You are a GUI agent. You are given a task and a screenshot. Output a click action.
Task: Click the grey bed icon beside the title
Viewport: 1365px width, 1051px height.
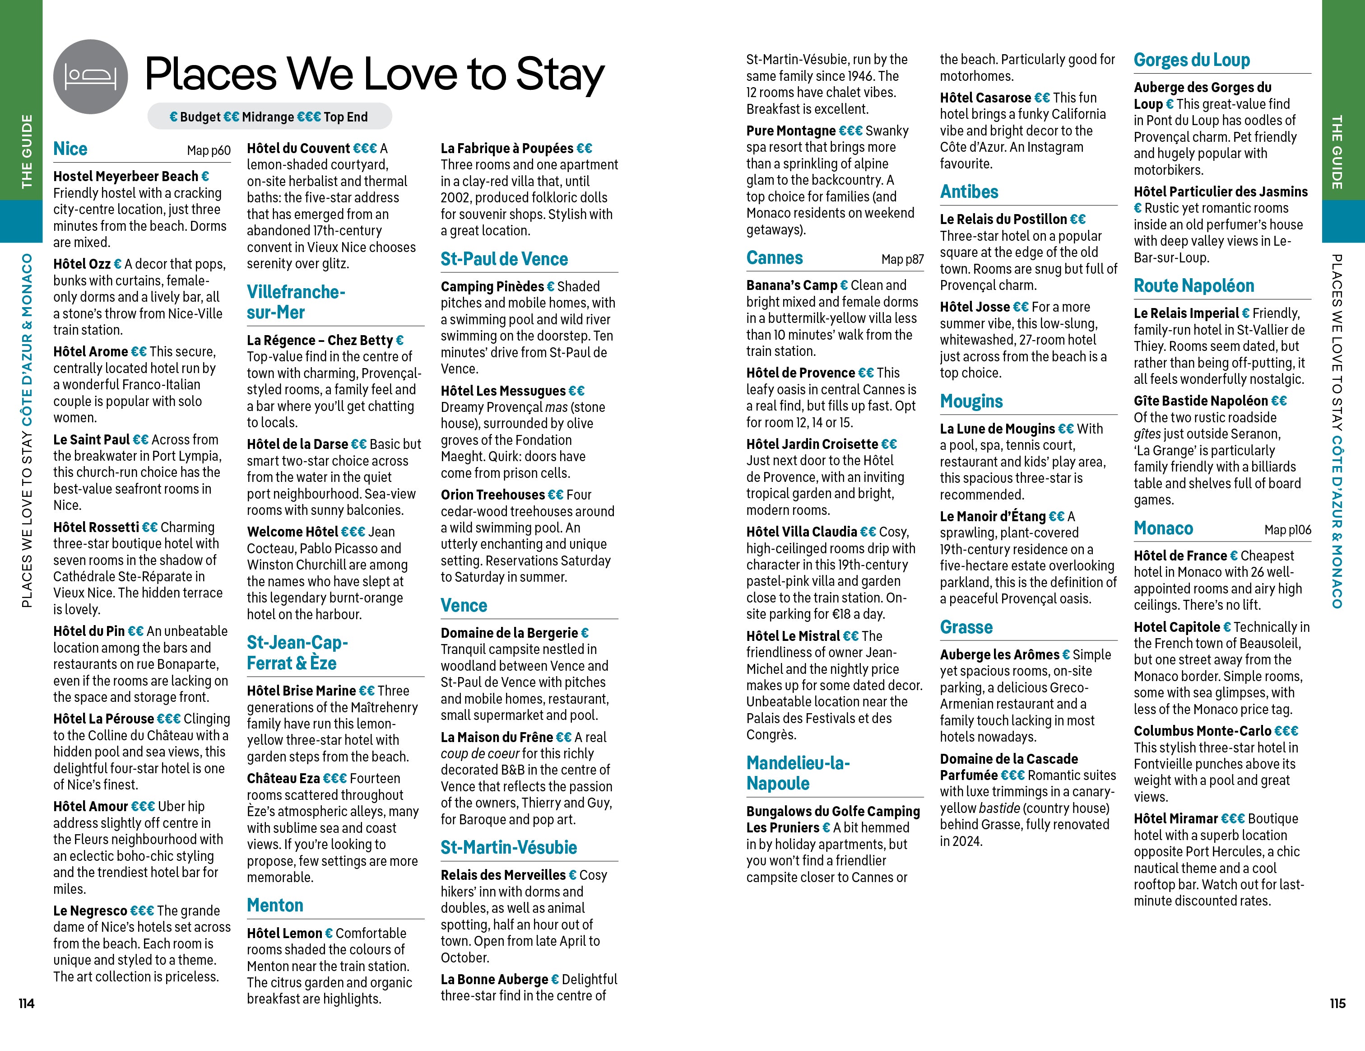(x=91, y=77)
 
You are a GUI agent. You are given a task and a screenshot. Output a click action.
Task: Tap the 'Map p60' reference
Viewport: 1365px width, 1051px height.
(x=209, y=151)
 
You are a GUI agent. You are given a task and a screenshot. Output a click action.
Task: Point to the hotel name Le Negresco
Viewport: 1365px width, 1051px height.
(x=90, y=911)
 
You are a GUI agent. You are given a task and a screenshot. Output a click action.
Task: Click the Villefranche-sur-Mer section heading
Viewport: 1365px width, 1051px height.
(x=296, y=302)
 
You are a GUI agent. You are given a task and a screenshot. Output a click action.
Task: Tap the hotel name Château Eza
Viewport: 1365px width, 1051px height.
(x=283, y=778)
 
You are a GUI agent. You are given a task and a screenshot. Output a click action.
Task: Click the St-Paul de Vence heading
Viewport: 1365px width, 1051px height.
(x=504, y=259)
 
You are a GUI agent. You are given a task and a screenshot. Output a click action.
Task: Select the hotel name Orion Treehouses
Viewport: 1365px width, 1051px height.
(x=492, y=495)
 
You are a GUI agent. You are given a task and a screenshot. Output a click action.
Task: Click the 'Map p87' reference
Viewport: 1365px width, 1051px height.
(x=902, y=259)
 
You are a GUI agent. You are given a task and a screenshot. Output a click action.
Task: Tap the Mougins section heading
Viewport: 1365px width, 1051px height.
(x=971, y=402)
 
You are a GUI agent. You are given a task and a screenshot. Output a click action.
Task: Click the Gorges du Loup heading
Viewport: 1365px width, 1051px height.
(x=1191, y=60)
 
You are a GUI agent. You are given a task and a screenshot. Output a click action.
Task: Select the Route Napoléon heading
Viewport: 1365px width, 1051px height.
(x=1194, y=286)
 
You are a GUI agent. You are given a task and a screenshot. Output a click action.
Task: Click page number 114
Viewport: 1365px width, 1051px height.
(x=26, y=1004)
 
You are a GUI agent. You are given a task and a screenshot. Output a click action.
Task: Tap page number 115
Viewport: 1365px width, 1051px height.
(x=1337, y=1004)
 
